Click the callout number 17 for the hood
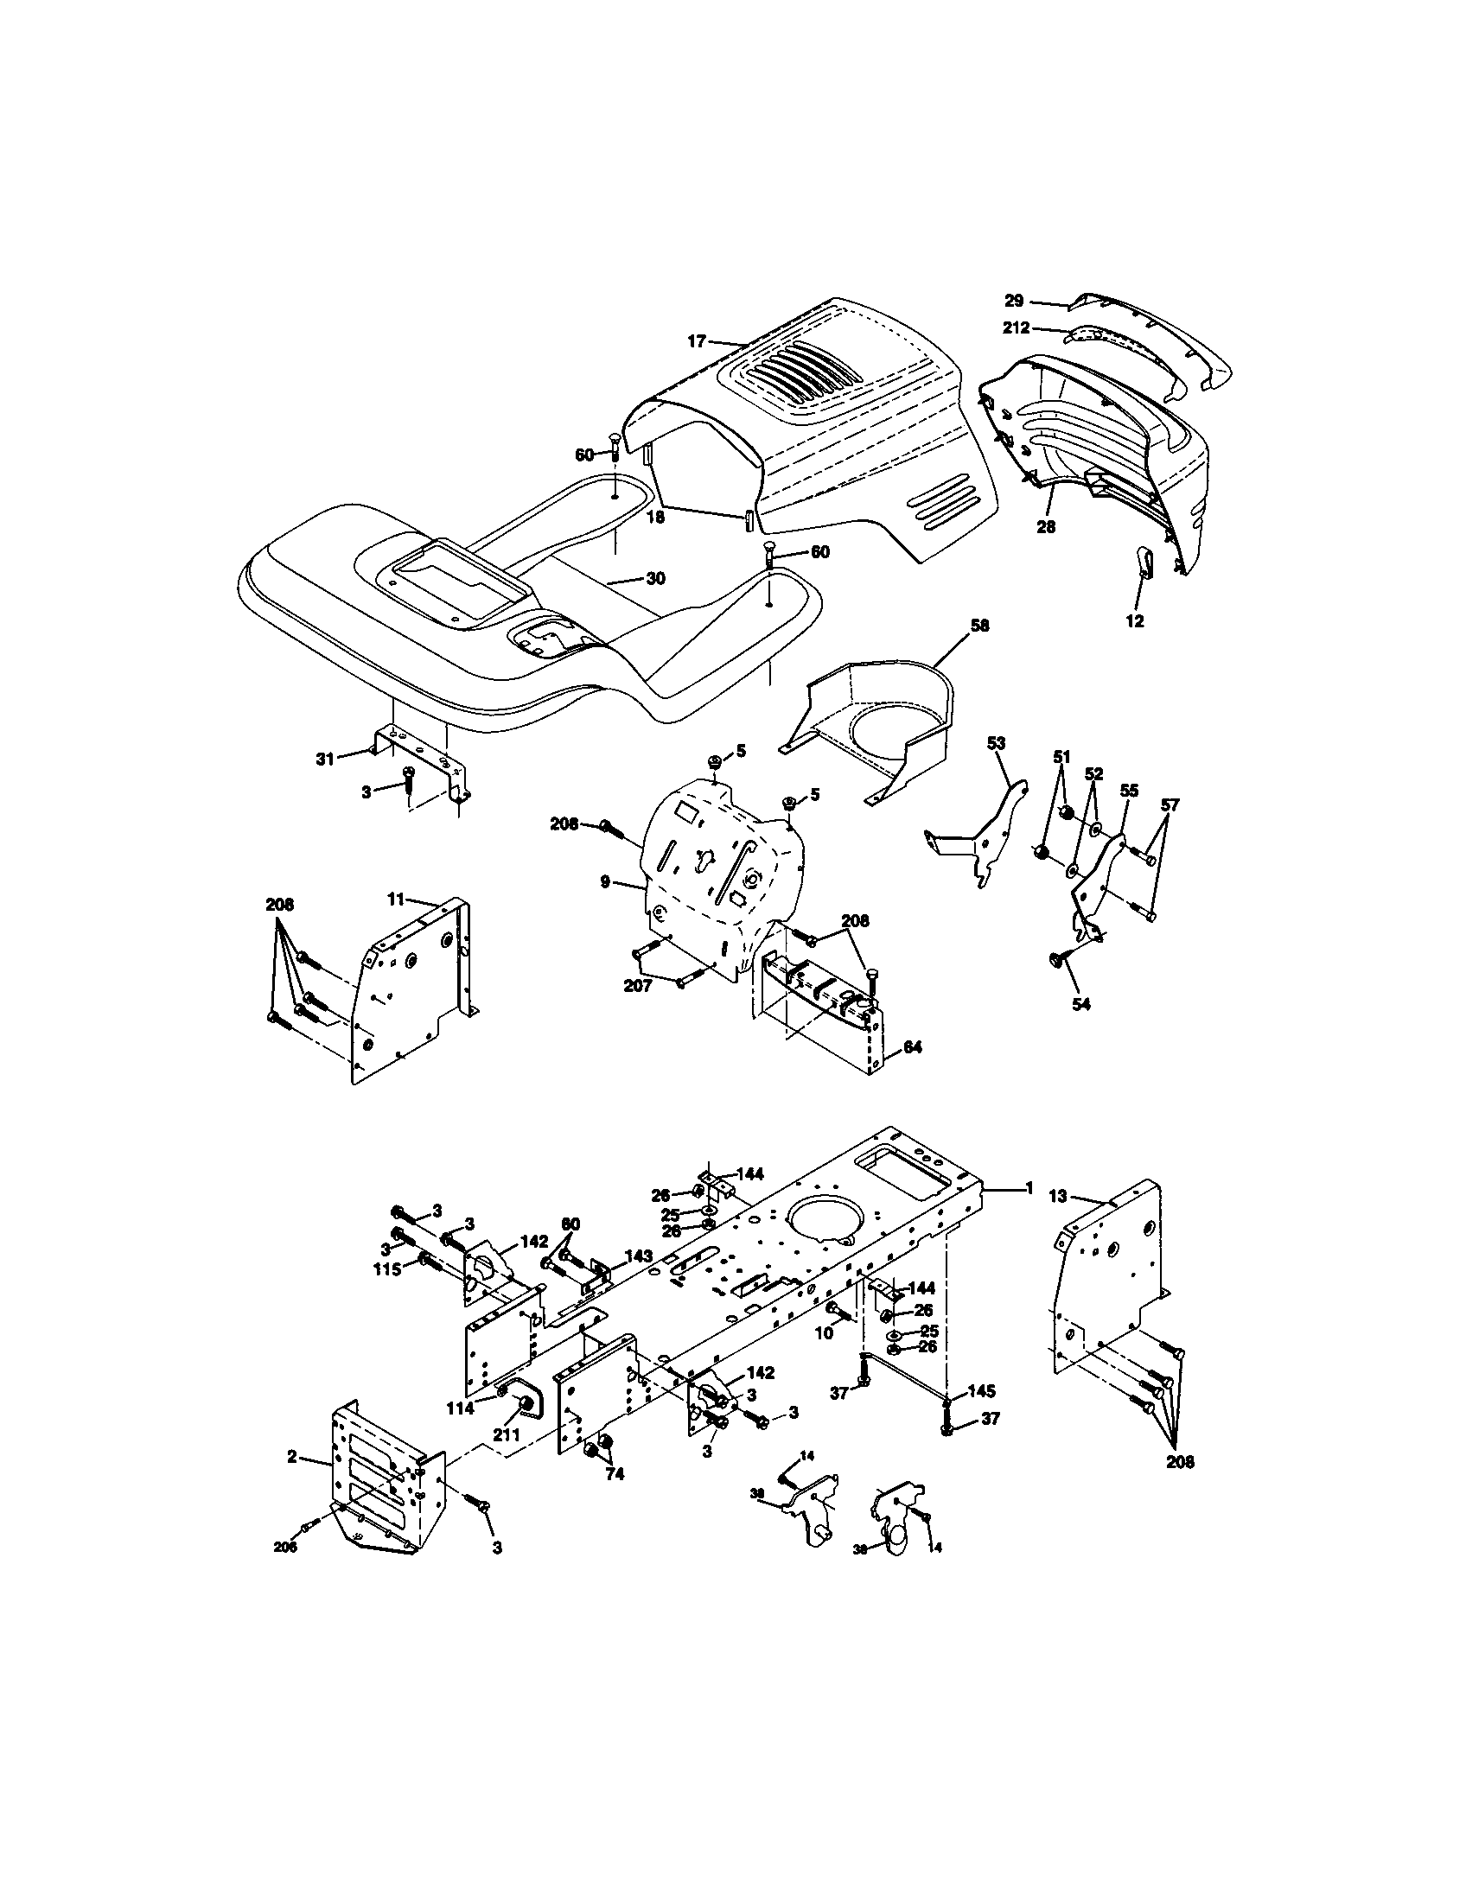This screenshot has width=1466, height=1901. coord(696,341)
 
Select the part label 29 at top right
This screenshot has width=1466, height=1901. coord(1013,302)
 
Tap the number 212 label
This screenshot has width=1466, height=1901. coord(1016,328)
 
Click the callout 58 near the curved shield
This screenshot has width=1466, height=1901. coord(979,625)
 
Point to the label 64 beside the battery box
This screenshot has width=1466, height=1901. coord(912,1048)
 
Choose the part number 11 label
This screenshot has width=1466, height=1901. coord(397,900)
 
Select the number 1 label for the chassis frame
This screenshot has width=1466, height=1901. coord(1029,1186)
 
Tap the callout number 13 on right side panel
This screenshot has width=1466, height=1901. coord(1057,1197)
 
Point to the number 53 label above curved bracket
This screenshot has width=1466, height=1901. coord(996,742)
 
